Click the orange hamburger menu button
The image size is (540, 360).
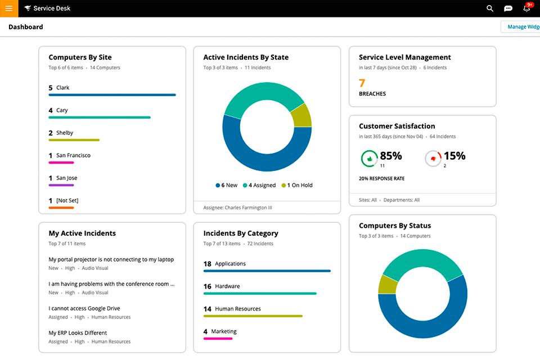[9, 8]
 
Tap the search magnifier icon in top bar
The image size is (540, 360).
[490, 8]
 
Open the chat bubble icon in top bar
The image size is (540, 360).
[508, 8]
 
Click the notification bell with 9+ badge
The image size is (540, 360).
[527, 8]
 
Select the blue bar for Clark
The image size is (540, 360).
[112, 95]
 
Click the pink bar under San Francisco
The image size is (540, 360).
[61, 163]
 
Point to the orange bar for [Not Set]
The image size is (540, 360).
[61, 208]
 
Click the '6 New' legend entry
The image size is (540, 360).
[227, 185]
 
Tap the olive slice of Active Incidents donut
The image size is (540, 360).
[302, 116]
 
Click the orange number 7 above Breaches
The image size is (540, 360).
[362, 83]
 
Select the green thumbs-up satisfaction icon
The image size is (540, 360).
[369, 159]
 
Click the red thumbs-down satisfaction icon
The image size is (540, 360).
[433, 159]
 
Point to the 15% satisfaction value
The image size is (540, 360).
[454, 156]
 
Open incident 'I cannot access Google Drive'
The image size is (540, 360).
[84, 308]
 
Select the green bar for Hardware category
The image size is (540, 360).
[259, 293]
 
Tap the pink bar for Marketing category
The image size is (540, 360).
[218, 339]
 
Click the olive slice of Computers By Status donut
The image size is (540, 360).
[387, 285]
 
